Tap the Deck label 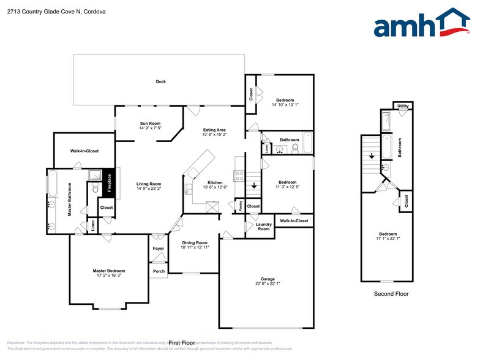[160, 81]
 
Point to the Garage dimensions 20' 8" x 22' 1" [268, 283]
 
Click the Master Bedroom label [109, 271]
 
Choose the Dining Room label [195, 242]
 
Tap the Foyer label [159, 249]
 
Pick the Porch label [159, 271]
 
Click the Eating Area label [214, 130]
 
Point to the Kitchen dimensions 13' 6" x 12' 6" [214, 188]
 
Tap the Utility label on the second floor [402, 106]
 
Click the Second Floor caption [391, 294]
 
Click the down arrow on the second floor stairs [372, 156]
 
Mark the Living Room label [148, 184]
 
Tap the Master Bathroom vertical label [70, 198]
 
